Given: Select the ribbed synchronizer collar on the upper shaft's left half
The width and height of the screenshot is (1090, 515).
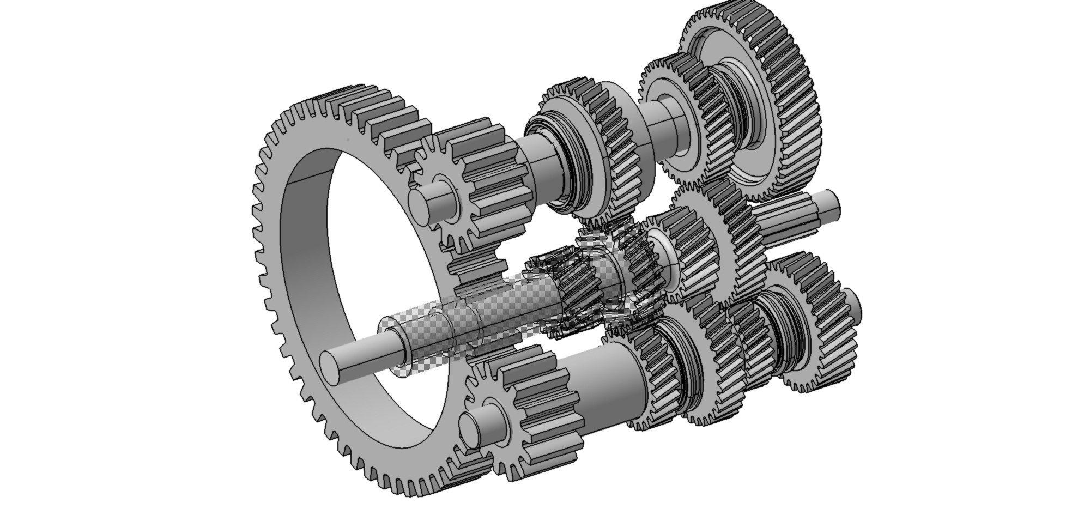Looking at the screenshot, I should tap(567, 163).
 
